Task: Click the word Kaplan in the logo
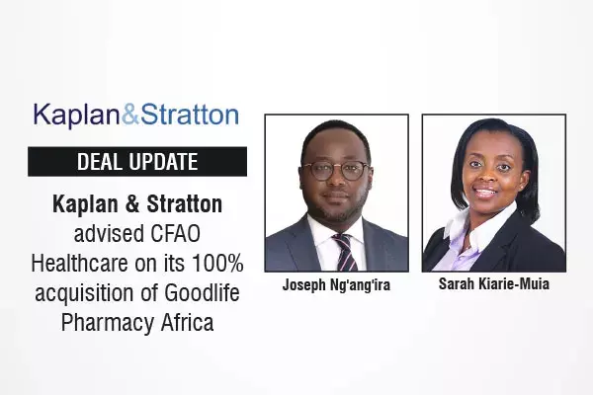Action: tap(77, 115)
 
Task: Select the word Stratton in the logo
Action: tap(190, 115)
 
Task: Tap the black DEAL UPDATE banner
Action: tap(137, 162)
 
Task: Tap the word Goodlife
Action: tap(203, 293)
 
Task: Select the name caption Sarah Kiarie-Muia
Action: tap(494, 284)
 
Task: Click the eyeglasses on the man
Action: tap(336, 169)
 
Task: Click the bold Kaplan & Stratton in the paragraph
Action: tap(137, 205)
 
